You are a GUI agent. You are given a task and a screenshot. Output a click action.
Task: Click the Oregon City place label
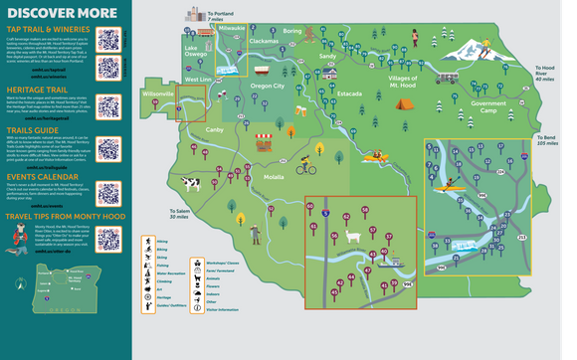266,86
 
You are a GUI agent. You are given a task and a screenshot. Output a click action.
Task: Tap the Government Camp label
488,106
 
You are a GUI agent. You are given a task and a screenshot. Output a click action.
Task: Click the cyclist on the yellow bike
304,166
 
